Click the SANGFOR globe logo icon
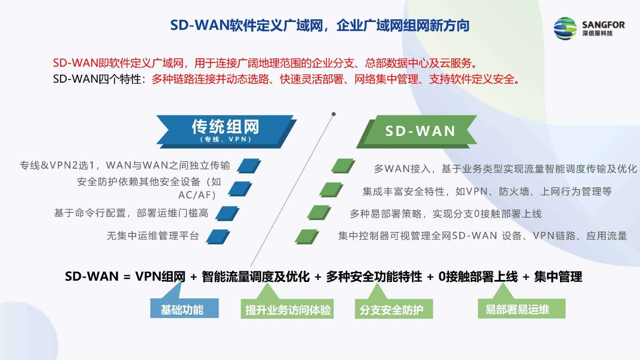(x=565, y=28)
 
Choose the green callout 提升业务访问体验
(x=287, y=306)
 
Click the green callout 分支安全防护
(x=394, y=306)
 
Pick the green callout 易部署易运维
(x=522, y=305)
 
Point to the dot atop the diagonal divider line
(x=334, y=114)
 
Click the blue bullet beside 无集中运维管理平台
(x=218, y=236)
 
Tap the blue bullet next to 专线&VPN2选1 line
(x=249, y=166)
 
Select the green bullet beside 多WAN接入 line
(x=343, y=166)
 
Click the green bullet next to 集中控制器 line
(x=307, y=236)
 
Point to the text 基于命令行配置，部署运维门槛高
(x=131, y=213)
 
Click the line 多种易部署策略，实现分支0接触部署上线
(x=446, y=214)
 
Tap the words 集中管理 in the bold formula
(x=558, y=276)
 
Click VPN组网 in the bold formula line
(x=160, y=276)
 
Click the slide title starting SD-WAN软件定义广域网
(x=320, y=26)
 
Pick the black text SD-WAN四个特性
(x=97, y=79)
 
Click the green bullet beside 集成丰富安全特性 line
(x=331, y=190)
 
